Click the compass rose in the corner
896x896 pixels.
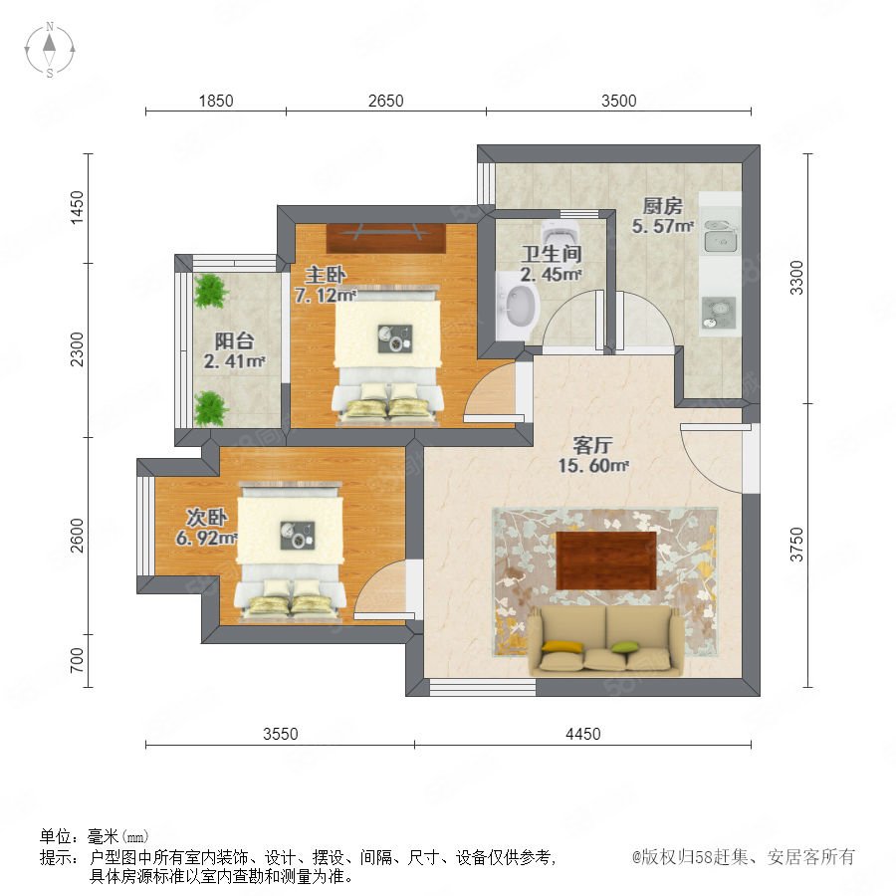(x=50, y=49)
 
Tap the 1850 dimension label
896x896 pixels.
(x=216, y=101)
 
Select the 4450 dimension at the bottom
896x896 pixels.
(x=582, y=734)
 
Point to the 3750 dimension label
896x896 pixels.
(x=796, y=545)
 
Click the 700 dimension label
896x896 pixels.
(x=77, y=660)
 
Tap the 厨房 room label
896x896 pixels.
(x=662, y=206)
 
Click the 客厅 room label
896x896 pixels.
(x=592, y=445)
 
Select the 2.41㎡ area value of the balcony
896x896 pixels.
(x=234, y=361)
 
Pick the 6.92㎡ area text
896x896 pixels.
(x=206, y=538)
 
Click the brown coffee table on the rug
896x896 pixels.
(x=606, y=560)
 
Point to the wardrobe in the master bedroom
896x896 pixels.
(x=385, y=238)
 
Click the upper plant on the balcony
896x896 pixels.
(x=211, y=291)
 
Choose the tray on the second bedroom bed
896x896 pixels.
(x=297, y=536)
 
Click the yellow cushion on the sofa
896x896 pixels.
(x=562, y=647)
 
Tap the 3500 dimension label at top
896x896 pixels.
(x=619, y=101)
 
